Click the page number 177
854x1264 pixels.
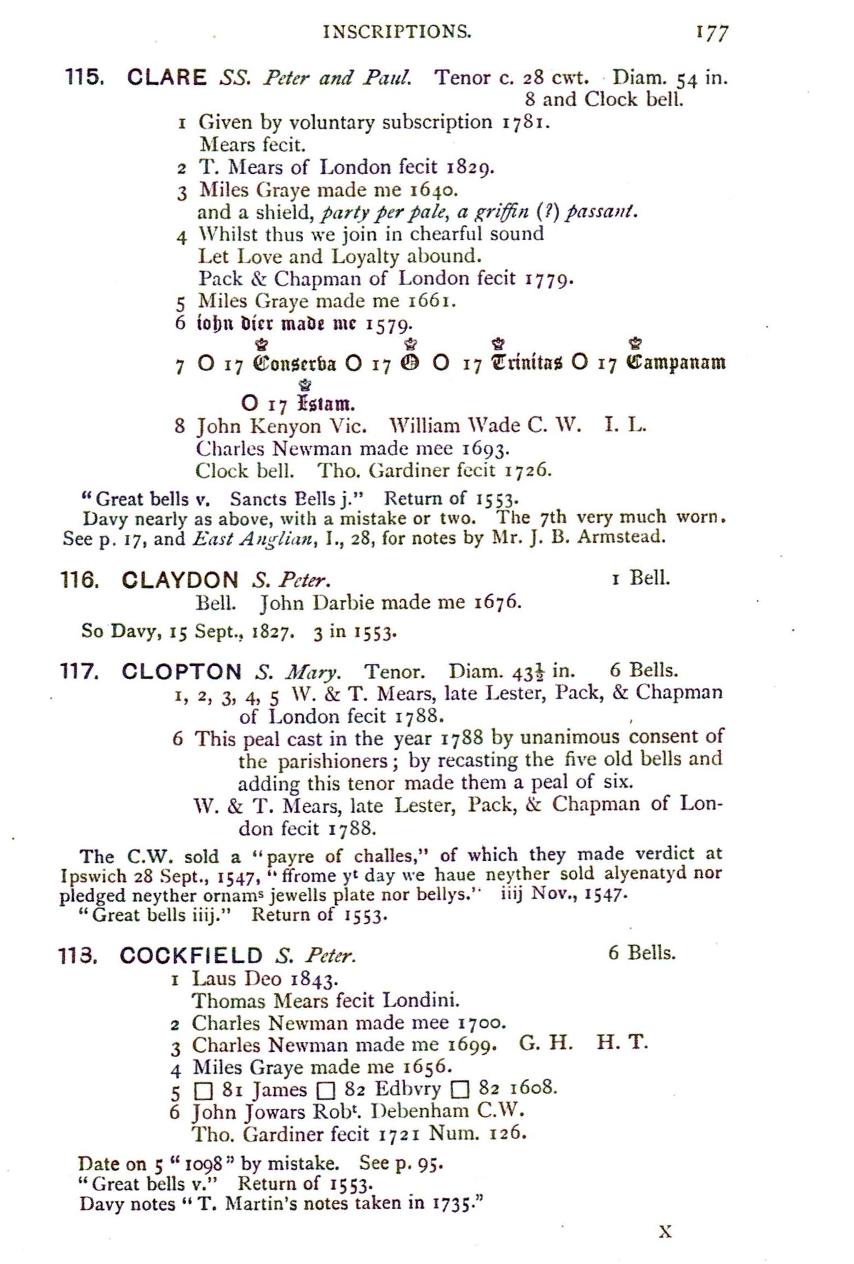coord(712,33)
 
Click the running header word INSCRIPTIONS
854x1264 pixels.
coord(397,32)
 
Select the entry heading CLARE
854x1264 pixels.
coord(166,77)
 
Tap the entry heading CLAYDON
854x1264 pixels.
coord(180,579)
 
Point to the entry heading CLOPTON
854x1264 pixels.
coord(181,671)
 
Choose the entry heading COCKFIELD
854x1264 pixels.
coord(191,956)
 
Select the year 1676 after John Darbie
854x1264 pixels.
coord(496,602)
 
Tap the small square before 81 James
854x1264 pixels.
coord(203,1091)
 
